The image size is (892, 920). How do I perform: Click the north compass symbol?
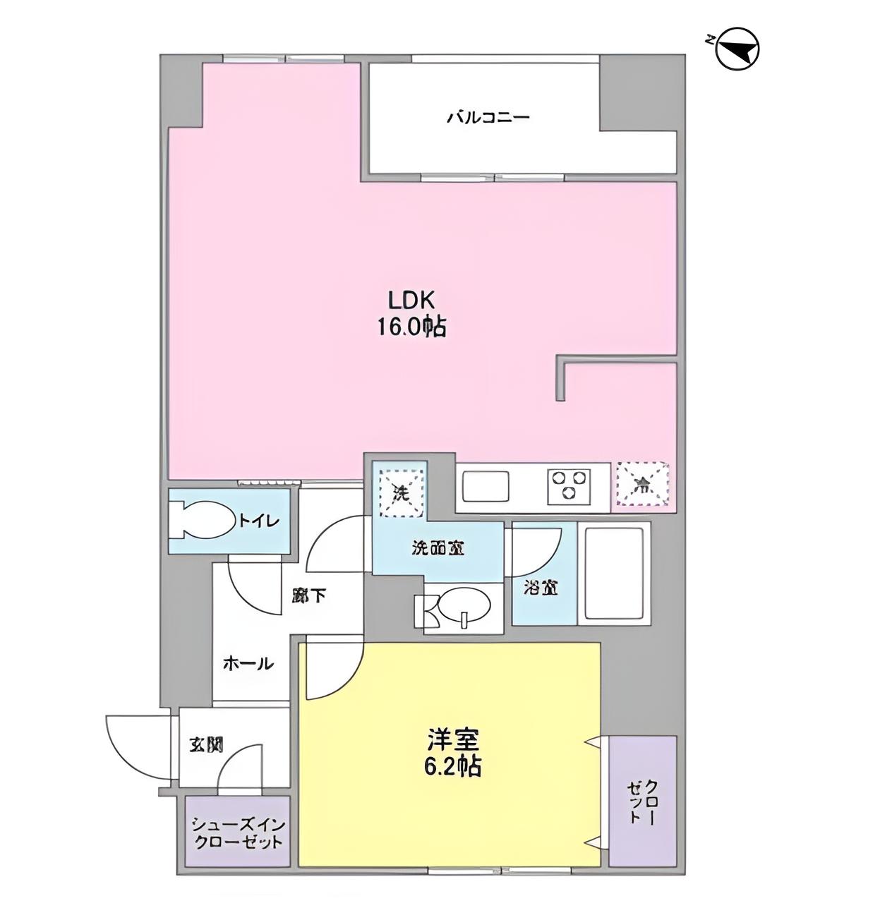point(737,49)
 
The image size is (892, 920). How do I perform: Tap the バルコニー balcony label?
point(488,117)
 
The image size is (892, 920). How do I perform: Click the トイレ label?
point(259,521)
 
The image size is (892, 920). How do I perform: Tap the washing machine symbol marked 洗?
point(400,486)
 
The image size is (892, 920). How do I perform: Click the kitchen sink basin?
point(488,485)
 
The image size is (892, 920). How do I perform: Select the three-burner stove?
point(569,485)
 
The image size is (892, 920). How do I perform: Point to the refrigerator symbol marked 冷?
point(642,484)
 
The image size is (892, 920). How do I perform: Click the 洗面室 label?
point(438,549)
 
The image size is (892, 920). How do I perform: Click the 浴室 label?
point(541,586)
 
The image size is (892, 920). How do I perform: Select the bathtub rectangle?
point(613,572)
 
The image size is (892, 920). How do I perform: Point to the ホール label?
point(248,663)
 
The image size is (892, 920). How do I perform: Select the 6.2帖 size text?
point(453,765)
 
